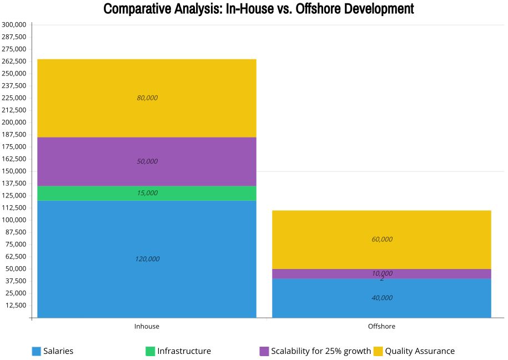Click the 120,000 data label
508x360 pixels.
coord(147,259)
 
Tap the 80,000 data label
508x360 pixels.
coord(147,98)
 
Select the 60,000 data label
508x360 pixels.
coord(382,240)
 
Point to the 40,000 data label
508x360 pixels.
coord(382,298)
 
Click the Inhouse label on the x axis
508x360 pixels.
coord(147,327)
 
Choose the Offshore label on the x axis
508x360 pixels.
coord(382,327)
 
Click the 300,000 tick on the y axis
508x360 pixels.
coord(14,25)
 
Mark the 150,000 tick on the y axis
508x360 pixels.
coord(14,171)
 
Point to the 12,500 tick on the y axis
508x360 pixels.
coord(16,306)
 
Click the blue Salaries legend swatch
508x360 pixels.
coord(37,351)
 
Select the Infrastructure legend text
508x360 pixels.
coord(184,351)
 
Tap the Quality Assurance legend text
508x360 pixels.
coord(420,351)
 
